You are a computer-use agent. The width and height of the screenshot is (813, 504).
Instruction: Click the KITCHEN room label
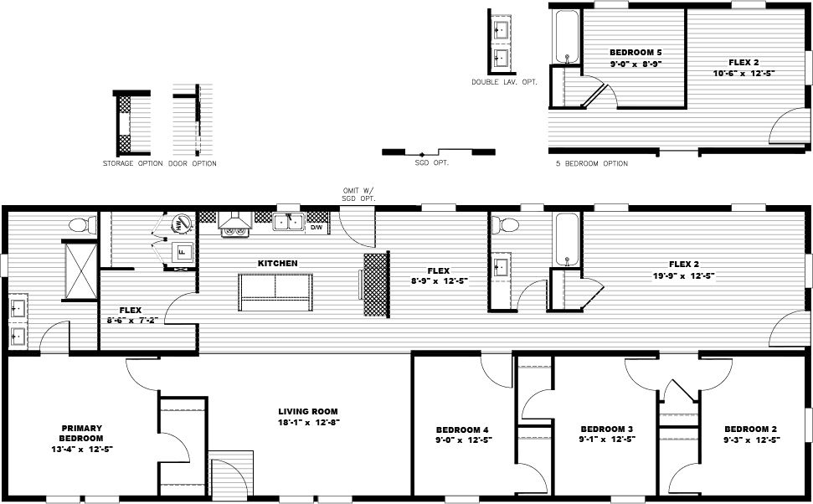pos(277,263)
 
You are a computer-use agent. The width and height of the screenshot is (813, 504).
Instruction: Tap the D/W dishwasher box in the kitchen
pos(317,226)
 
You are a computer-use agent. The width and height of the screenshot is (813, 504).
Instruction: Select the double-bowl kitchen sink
pos(290,223)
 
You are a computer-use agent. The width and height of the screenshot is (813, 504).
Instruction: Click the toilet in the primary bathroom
pos(80,225)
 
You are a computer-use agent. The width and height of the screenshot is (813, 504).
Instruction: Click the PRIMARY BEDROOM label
pos(81,432)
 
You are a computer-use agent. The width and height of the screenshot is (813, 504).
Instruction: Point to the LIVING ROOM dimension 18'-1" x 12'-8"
pos(308,423)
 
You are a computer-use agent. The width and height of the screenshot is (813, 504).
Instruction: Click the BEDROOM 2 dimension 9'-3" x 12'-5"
pos(752,440)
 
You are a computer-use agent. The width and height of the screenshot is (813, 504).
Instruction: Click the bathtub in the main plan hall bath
pos(567,239)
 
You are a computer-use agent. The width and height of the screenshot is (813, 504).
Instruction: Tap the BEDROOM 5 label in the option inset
pos(635,53)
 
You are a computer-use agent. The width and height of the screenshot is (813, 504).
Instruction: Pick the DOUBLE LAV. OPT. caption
pos(504,82)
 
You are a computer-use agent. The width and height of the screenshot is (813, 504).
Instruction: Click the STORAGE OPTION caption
pos(132,163)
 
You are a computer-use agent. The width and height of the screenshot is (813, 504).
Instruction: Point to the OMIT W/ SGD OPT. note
pos(358,194)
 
